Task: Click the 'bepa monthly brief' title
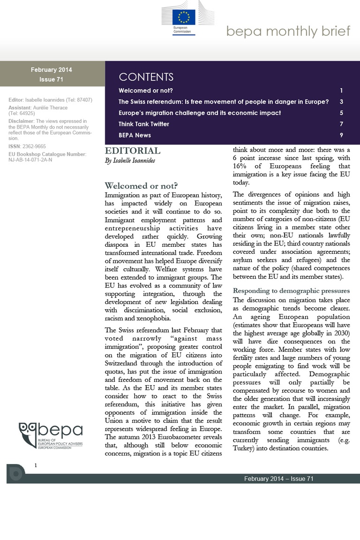pos(288,31)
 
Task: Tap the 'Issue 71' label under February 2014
pos(52,79)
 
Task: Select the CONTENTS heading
pos(146,77)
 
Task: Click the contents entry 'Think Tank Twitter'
pos(144,124)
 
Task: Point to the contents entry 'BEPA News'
pos(135,135)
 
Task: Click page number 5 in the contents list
pos(342,113)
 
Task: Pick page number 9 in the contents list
pos(342,135)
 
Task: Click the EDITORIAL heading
pos(132,151)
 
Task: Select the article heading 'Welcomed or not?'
pos(141,185)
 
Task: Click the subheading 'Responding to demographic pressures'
pos(291,290)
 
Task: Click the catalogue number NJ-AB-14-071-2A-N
pos(30,160)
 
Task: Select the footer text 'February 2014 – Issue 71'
pos(279,479)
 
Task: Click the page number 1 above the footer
pos(36,464)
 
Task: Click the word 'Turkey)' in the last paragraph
pos(246,448)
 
